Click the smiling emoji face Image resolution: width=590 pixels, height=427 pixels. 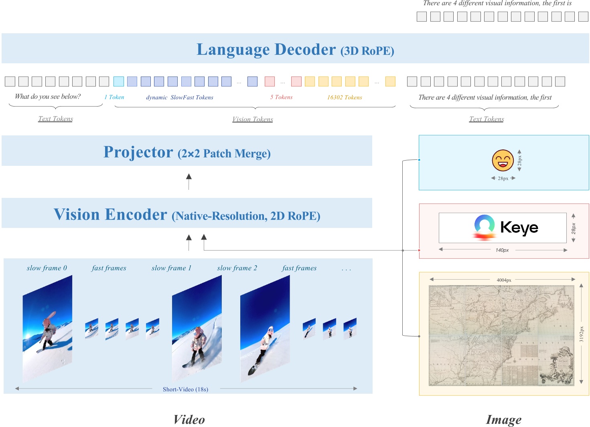(x=503, y=160)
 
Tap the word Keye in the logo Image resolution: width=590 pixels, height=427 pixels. (x=519, y=228)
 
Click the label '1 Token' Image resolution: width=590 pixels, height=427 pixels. (x=114, y=97)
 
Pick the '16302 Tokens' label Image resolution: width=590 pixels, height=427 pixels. (x=345, y=97)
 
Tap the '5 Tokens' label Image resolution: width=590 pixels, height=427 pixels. (x=281, y=97)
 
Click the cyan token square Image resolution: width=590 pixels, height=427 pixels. (x=119, y=82)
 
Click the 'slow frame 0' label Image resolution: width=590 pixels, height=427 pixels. (x=47, y=268)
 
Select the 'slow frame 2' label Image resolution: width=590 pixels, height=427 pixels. (x=237, y=268)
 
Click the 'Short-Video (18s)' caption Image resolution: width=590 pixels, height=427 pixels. (x=185, y=389)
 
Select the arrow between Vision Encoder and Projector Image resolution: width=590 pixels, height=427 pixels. (x=189, y=181)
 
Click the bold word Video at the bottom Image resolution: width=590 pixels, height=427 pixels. (x=189, y=419)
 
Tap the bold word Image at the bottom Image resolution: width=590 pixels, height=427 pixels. (x=504, y=419)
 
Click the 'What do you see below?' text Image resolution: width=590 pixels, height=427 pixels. (x=48, y=97)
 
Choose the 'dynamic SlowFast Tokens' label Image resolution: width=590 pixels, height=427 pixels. (x=180, y=97)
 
